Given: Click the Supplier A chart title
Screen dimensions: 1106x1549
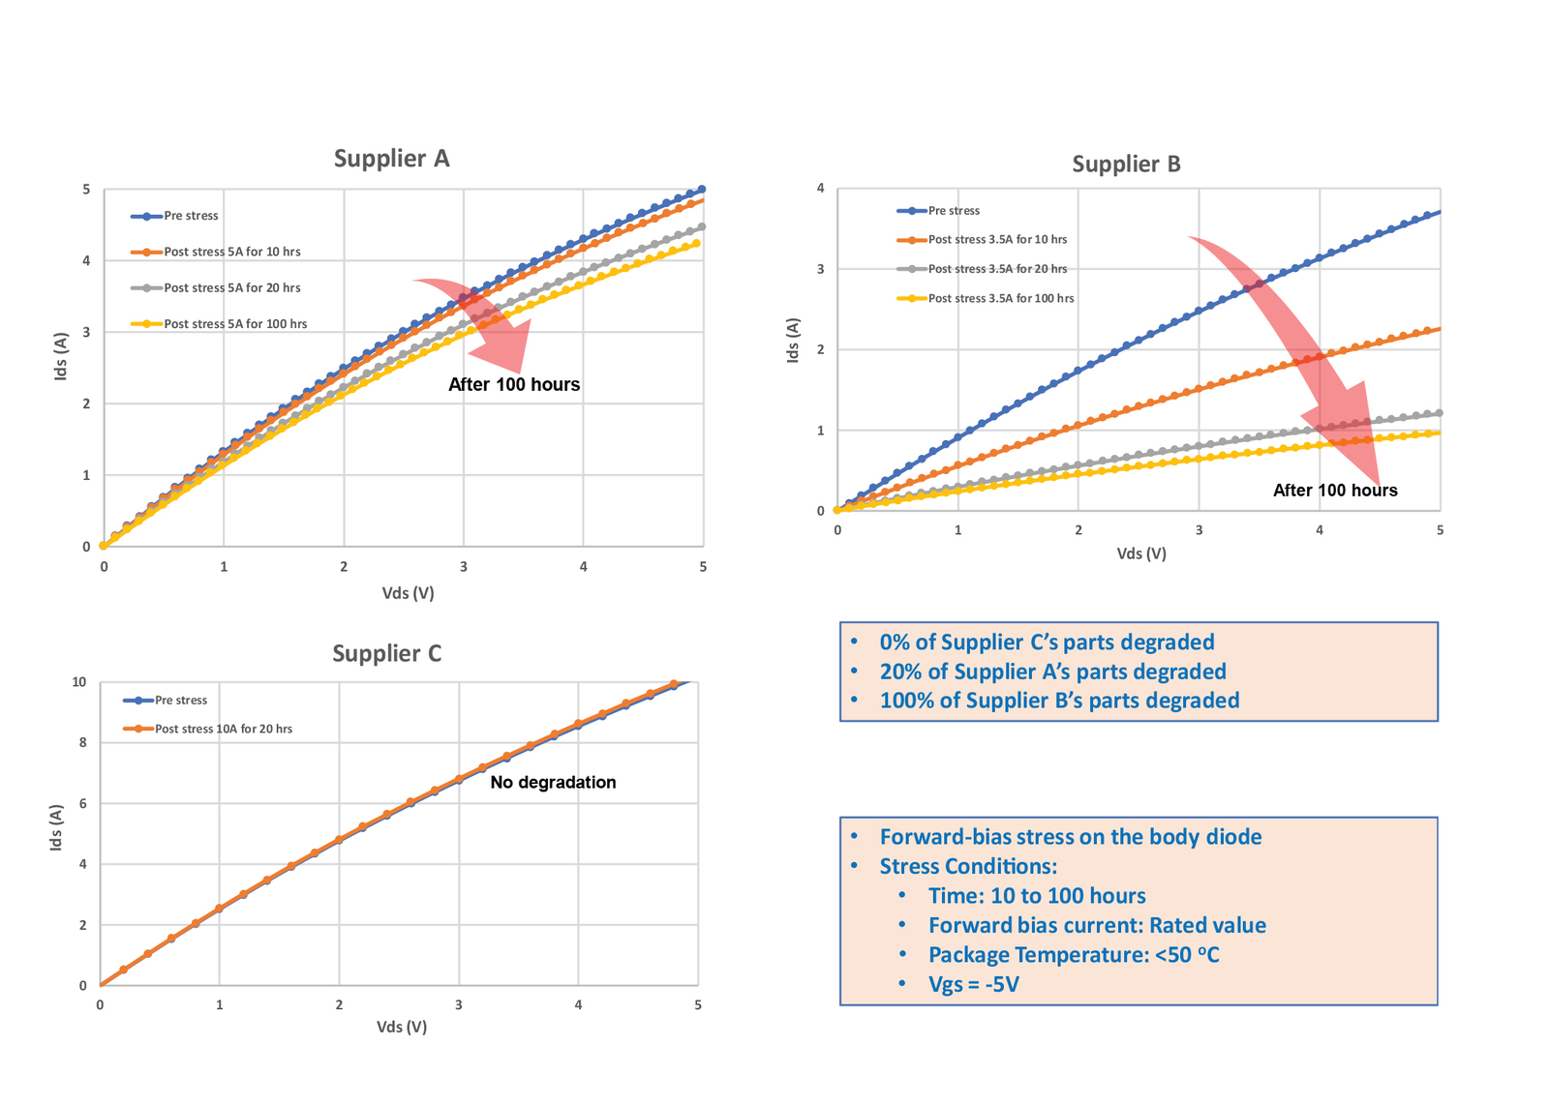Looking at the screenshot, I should pos(391,159).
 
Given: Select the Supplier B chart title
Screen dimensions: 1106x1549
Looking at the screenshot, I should pos(1126,164).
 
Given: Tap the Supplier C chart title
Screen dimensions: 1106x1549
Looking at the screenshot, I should pos(386,654).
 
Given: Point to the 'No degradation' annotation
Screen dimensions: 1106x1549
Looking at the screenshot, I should pos(553,783).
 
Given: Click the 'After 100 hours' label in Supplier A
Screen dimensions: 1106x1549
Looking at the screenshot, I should pos(514,385).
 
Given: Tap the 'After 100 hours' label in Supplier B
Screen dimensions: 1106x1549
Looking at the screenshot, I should pos(1335,491).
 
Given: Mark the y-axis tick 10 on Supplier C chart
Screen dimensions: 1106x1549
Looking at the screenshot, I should pos(79,682).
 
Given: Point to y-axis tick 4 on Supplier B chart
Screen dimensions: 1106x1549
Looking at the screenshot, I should pos(821,189).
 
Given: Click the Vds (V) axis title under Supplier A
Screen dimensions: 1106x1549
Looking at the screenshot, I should pos(408,593).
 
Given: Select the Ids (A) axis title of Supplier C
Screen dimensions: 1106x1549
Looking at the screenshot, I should pos(56,827).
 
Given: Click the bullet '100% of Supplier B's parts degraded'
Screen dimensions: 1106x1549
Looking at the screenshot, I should pos(1059,701).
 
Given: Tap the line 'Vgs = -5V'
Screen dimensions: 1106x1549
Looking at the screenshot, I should pos(973,985).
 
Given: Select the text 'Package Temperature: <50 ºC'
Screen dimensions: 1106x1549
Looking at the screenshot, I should pos(1074,955).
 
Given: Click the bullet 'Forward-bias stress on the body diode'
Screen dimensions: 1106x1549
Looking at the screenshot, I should pos(1070,837).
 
